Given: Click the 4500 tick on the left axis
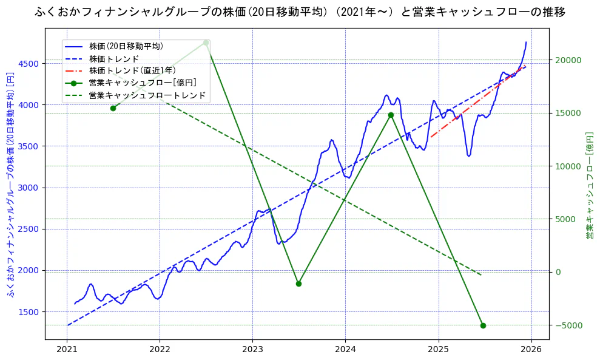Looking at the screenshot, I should (x=30, y=64).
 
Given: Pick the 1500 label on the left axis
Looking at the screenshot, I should (x=30, y=312).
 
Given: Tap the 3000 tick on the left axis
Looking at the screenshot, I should (x=30, y=188).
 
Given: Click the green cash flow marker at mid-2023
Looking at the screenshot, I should (x=298, y=284).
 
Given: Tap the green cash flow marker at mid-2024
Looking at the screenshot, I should (x=391, y=115).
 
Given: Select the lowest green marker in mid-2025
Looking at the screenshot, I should (x=483, y=325).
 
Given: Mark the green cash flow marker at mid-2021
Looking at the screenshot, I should (x=113, y=108).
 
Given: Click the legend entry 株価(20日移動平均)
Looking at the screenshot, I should (x=126, y=46).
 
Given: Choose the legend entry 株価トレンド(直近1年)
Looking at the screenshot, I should (x=132, y=70).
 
